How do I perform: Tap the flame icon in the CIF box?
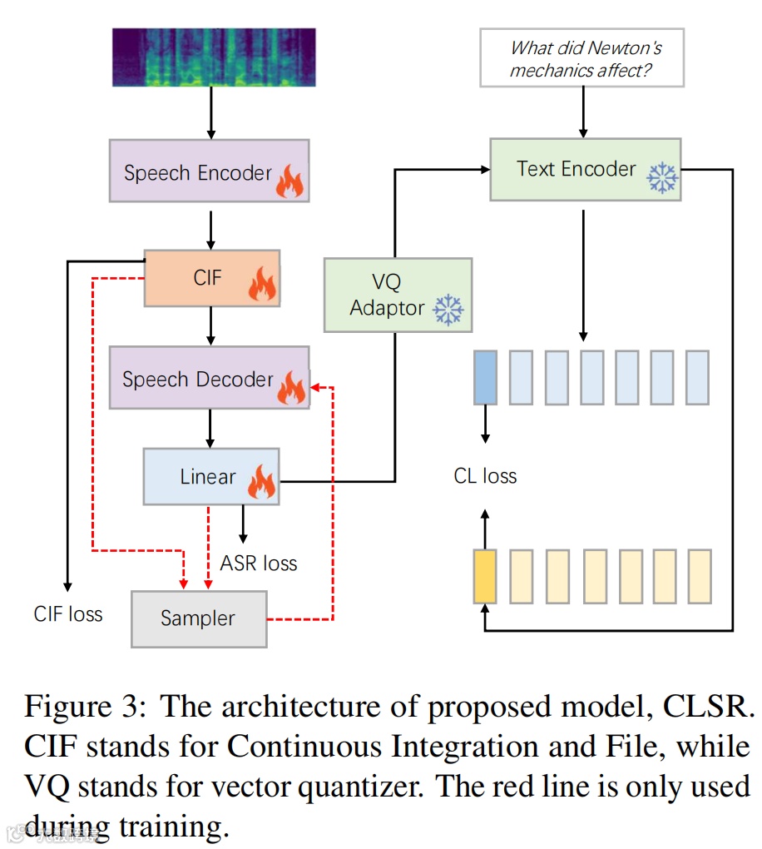(x=262, y=285)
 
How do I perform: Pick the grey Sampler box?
(x=199, y=618)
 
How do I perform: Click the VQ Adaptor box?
(x=397, y=295)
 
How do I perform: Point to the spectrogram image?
(x=214, y=57)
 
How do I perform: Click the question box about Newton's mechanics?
(x=581, y=58)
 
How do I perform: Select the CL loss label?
(x=485, y=476)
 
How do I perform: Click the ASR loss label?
(x=258, y=564)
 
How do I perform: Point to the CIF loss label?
(x=68, y=614)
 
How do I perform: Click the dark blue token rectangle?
(x=485, y=377)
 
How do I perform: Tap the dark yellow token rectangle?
(x=485, y=575)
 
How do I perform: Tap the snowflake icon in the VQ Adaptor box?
(x=449, y=310)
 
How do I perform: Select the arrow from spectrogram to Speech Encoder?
(x=211, y=112)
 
